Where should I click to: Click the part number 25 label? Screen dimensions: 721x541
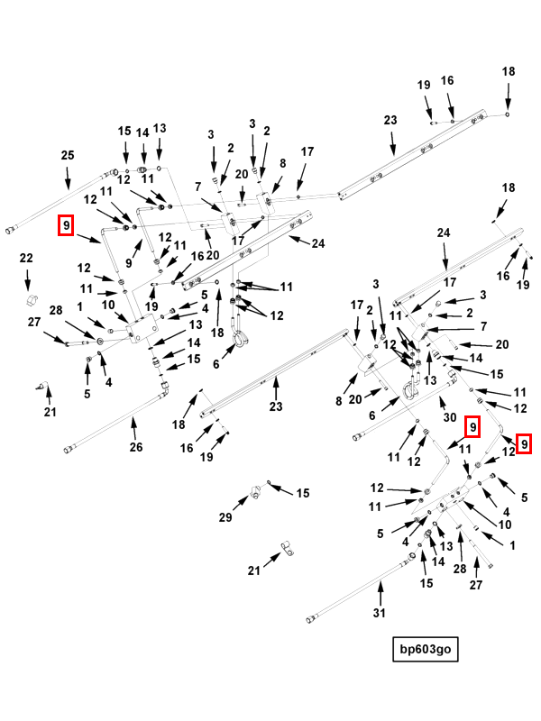point(68,156)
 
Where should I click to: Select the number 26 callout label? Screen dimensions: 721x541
point(135,446)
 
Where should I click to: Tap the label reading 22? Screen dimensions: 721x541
point(27,259)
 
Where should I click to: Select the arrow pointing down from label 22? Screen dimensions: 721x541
point(27,278)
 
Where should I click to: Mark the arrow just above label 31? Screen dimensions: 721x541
point(380,591)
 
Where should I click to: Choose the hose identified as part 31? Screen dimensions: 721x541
point(361,590)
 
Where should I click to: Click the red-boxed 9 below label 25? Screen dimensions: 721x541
point(66,224)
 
